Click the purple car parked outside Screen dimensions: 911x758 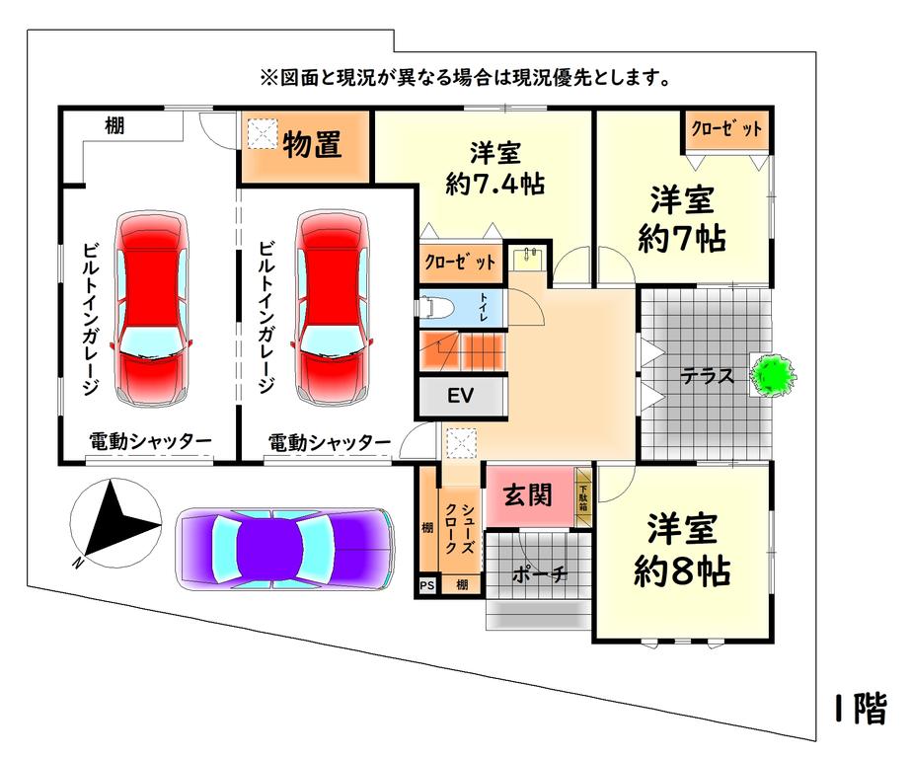pyautogui.click(x=284, y=549)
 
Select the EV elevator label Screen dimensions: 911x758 pyautogui.click(x=461, y=396)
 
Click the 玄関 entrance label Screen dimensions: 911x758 pyautogui.click(x=527, y=495)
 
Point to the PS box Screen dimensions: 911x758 pyautogui.click(x=427, y=585)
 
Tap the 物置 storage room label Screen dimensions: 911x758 pyautogui.click(x=312, y=145)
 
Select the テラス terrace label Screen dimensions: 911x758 pyautogui.click(x=707, y=376)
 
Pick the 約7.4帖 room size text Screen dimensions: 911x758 pyautogui.click(x=495, y=185)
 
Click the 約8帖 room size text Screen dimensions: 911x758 pyautogui.click(x=682, y=571)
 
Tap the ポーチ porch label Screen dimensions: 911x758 pyautogui.click(x=540, y=574)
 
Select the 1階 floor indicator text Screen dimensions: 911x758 pyautogui.click(x=861, y=709)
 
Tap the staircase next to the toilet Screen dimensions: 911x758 pyautogui.click(x=462, y=350)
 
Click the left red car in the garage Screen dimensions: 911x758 pyautogui.click(x=152, y=308)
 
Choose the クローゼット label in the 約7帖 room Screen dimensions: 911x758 pyautogui.click(x=726, y=128)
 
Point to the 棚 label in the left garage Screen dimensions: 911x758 pyautogui.click(x=114, y=125)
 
